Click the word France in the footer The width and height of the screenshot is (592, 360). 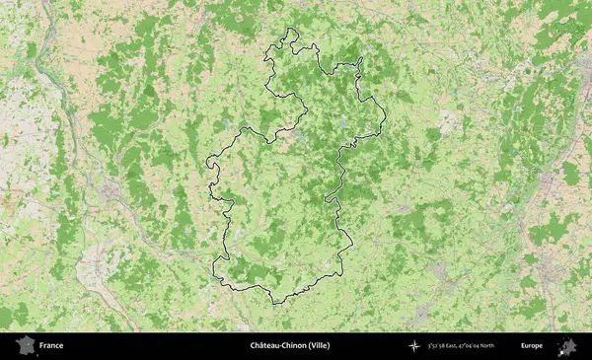(51, 345)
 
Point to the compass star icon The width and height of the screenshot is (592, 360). (415, 345)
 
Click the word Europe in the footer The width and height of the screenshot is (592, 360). (532, 345)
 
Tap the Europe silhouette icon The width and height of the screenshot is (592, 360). (567, 345)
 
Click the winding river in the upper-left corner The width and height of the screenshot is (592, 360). (44, 59)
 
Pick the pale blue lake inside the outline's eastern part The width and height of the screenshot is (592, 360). (342, 123)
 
